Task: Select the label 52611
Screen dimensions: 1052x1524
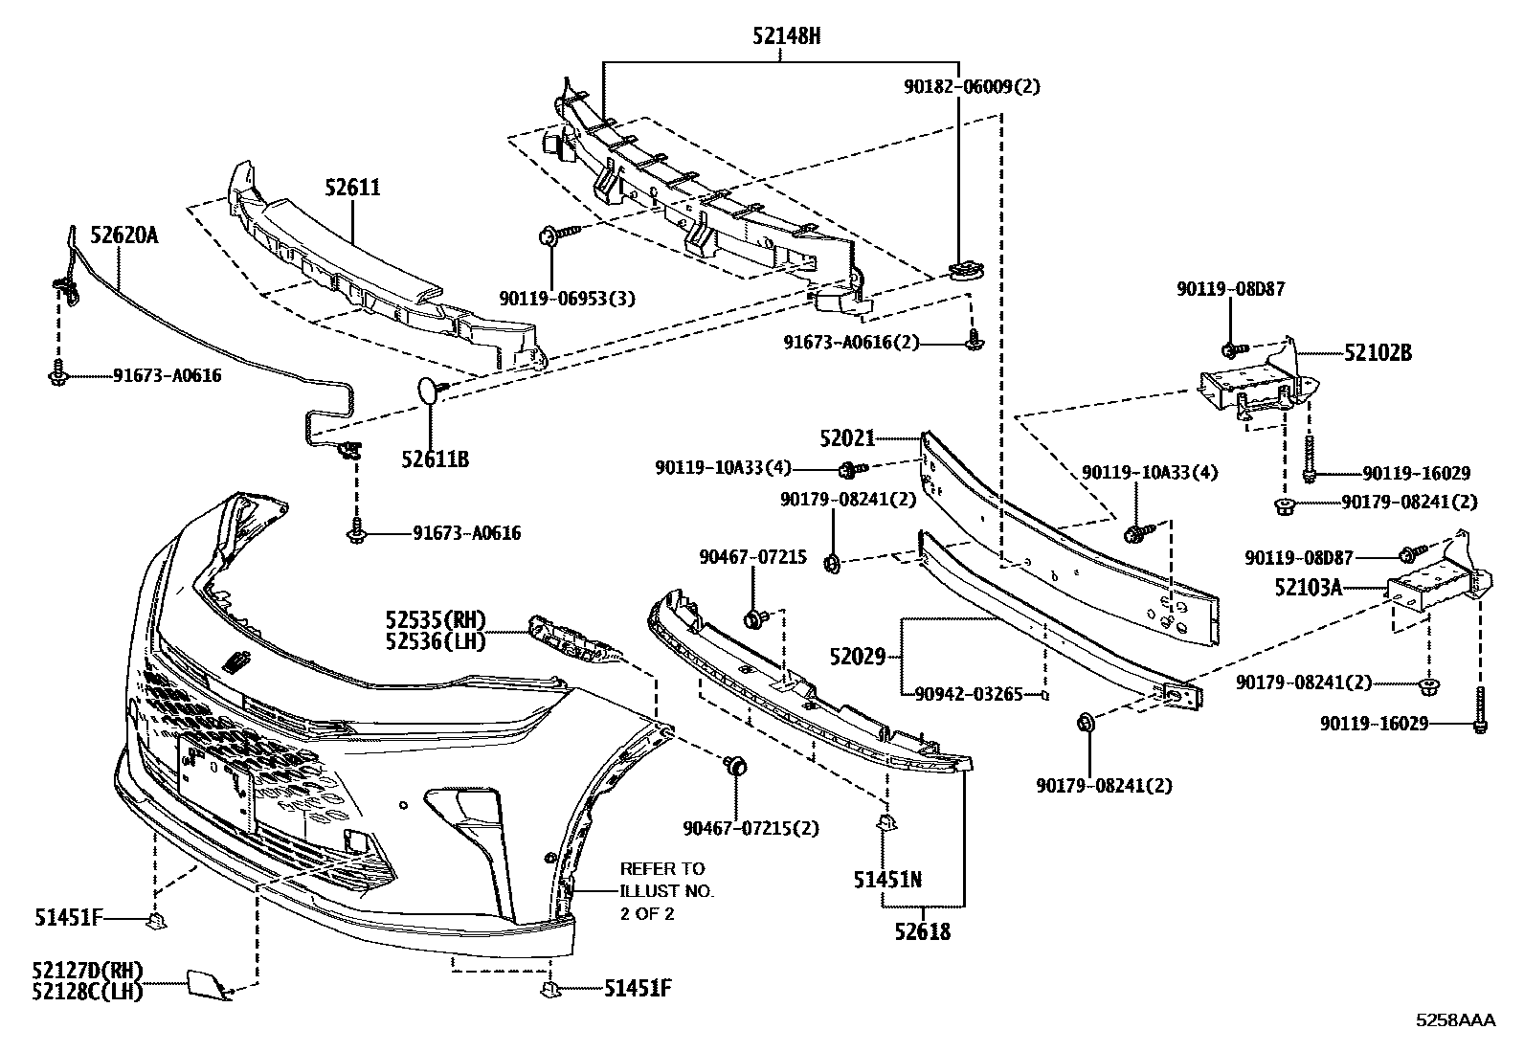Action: (x=351, y=188)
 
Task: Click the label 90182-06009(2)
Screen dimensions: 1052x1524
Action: (x=971, y=85)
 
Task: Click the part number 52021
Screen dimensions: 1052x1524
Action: (x=846, y=437)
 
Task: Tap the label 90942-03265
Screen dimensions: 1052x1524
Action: (x=968, y=693)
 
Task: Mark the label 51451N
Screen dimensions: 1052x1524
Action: (x=887, y=878)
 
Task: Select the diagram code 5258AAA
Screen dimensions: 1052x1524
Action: (x=1455, y=1020)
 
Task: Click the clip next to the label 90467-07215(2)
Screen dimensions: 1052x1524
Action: (x=736, y=765)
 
